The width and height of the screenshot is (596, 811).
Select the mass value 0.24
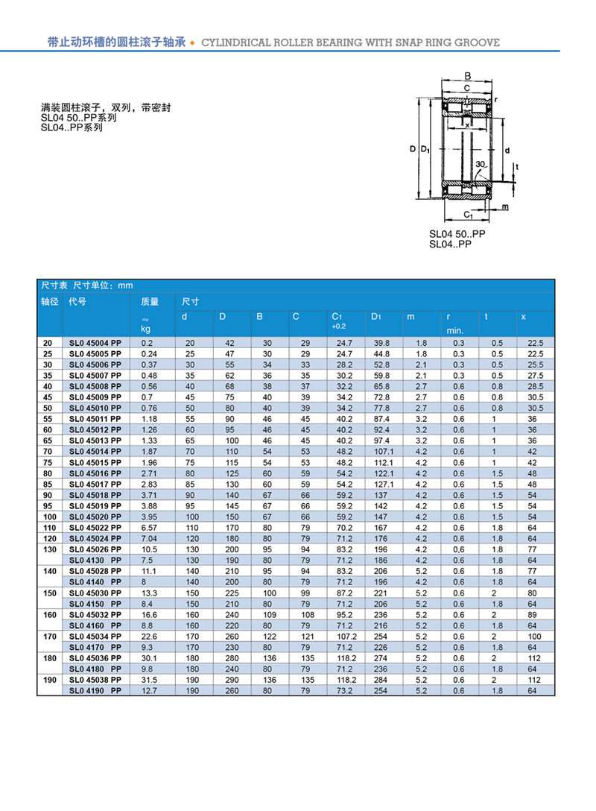(149, 353)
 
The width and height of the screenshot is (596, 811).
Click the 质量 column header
(150, 302)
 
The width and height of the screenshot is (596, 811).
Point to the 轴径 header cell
(49, 302)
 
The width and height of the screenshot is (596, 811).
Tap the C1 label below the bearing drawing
(467, 215)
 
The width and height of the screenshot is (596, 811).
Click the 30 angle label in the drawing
(480, 164)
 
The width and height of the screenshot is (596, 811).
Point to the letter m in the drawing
(504, 206)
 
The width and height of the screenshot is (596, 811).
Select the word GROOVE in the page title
(475, 42)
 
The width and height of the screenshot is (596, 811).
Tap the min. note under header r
(454, 329)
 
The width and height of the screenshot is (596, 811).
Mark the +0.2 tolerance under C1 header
(339, 326)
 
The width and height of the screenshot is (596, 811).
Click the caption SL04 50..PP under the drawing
(457, 234)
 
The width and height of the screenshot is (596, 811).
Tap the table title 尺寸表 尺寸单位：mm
(87, 285)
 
